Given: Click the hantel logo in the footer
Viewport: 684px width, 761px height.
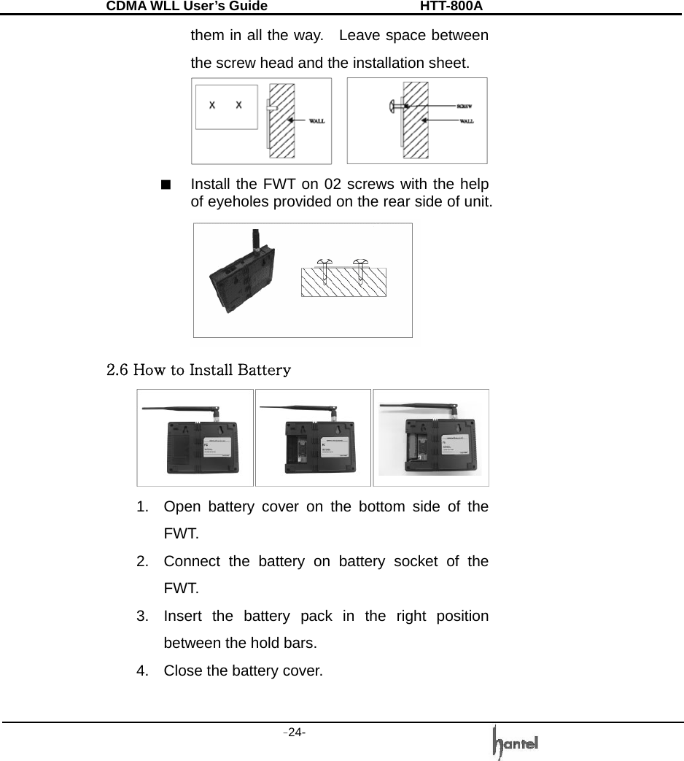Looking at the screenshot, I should pyautogui.click(x=516, y=742).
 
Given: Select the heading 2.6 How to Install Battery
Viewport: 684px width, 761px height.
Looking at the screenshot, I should pyautogui.click(x=199, y=369).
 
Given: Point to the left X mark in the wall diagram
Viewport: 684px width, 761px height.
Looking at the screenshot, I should pyautogui.click(x=212, y=105).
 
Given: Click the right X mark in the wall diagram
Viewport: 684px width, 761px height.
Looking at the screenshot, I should pyautogui.click(x=238, y=105).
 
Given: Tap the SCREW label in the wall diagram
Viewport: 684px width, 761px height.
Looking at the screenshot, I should pyautogui.click(x=465, y=106).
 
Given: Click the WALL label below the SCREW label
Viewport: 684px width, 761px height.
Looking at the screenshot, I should pyautogui.click(x=465, y=121).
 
